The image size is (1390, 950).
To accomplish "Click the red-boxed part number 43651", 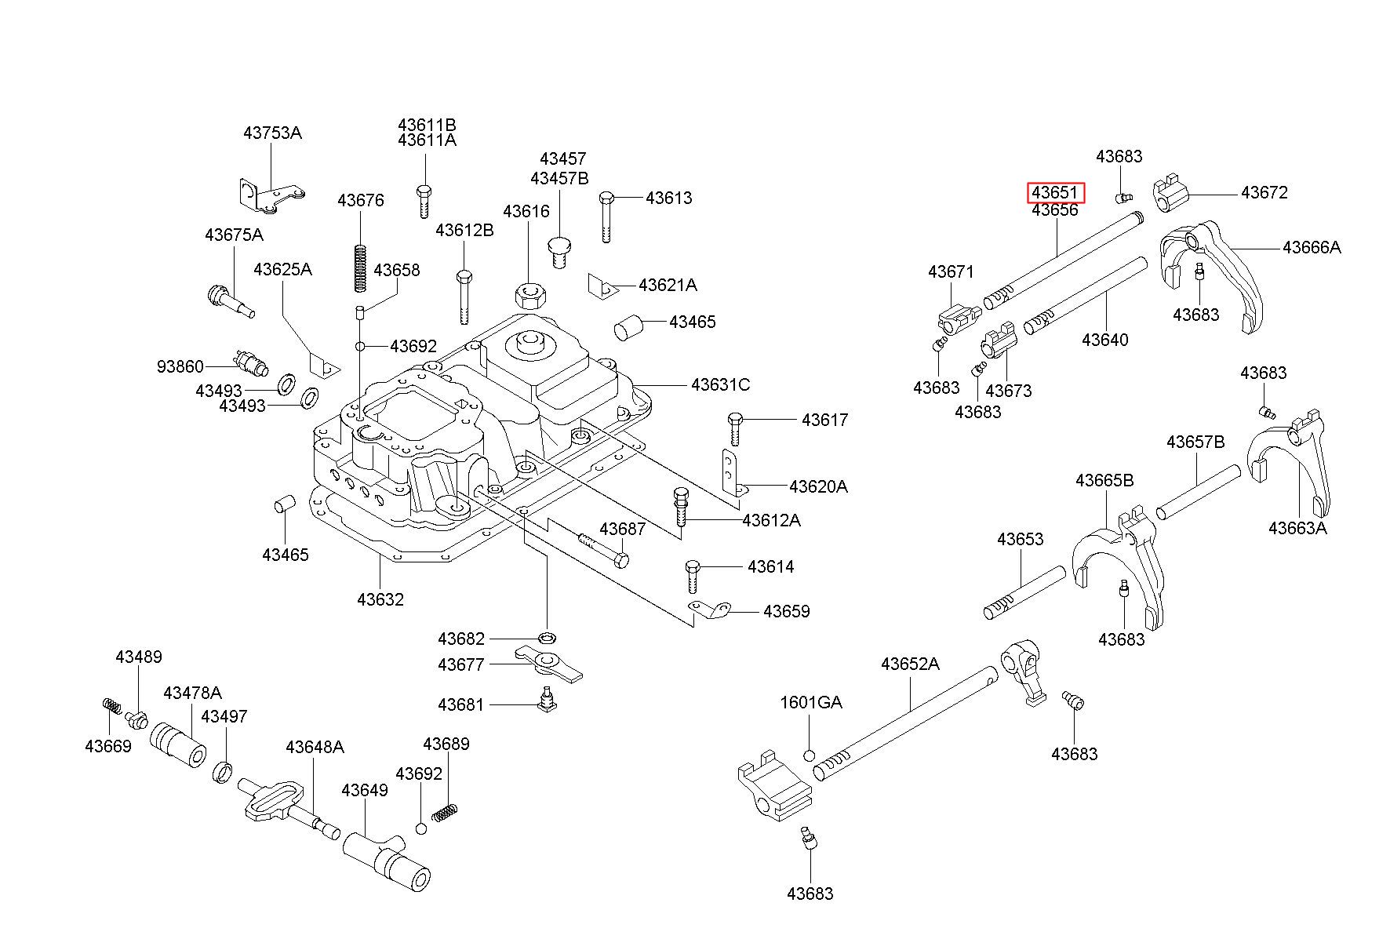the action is [1055, 192].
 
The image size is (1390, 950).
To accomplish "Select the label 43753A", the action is [272, 133].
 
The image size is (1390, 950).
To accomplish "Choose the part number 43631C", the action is [720, 384].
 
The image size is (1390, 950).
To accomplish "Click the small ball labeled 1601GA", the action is [810, 755].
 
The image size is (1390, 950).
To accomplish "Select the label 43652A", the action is [910, 664].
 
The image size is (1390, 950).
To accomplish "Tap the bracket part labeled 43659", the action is [709, 609].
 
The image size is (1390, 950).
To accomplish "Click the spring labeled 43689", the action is [446, 813].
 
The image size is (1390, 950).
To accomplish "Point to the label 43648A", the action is [315, 746].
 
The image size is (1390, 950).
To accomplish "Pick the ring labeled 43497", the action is [223, 771].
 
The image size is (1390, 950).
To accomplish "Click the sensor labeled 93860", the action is [252, 364].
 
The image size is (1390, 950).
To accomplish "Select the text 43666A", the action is [1312, 247].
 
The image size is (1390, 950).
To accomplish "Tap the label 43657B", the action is [1195, 442].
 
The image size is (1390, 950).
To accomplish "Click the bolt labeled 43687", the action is [603, 549].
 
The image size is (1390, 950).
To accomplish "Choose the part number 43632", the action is [380, 599].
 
